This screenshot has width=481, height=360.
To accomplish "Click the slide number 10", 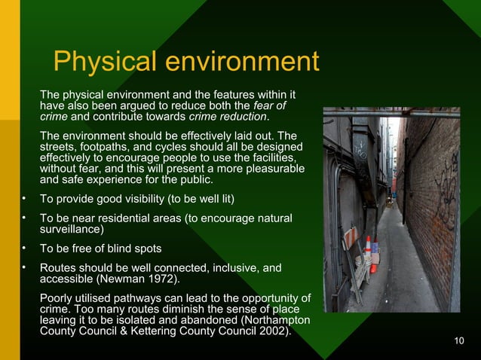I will click(460, 342).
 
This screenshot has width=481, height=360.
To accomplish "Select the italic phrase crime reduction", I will click(228, 117).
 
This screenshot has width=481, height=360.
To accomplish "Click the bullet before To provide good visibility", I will click(25, 199).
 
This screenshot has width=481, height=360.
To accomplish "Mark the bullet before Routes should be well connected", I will click(25, 267).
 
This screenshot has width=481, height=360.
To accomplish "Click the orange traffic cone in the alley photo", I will click(367, 246).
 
